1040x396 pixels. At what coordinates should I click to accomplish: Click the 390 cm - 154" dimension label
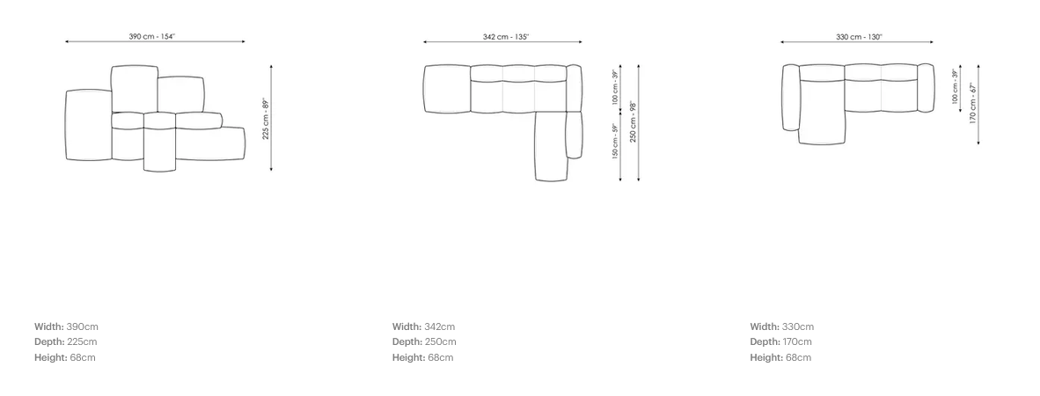[x=152, y=36]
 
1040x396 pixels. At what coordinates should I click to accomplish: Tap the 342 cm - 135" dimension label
[x=506, y=36]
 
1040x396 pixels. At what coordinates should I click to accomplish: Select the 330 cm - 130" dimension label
[x=860, y=36]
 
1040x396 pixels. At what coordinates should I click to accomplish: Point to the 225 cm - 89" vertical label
[x=266, y=119]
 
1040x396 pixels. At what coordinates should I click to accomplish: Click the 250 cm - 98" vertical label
[x=634, y=121]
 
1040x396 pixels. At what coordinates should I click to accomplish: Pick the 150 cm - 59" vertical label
[x=615, y=142]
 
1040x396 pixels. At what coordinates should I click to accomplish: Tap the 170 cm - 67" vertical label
[x=973, y=103]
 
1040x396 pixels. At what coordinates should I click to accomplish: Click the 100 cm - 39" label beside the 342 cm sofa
[x=615, y=87]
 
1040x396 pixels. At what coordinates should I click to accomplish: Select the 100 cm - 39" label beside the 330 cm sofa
[x=956, y=86]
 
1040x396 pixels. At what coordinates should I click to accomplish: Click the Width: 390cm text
[x=66, y=326]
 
